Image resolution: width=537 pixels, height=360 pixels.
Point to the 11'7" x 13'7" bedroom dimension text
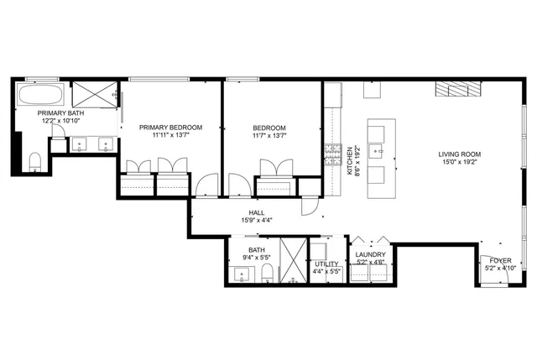(x=269, y=135)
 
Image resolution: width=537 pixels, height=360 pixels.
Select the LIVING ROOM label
(x=458, y=154)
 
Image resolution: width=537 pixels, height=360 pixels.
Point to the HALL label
(x=257, y=212)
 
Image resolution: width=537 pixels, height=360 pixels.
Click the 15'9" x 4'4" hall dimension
(x=257, y=221)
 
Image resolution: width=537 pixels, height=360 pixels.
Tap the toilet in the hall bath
(x=267, y=274)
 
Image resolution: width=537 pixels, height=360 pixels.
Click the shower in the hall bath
(x=294, y=262)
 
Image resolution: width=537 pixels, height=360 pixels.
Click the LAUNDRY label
(x=370, y=254)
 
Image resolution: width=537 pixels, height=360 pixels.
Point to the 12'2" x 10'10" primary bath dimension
(x=37, y=121)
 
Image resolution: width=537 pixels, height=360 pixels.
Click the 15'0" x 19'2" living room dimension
(x=458, y=164)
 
